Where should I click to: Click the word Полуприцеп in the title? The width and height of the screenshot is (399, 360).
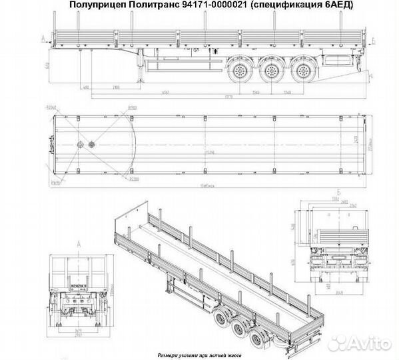91,5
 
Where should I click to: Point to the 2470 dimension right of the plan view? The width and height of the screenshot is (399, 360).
355,142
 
